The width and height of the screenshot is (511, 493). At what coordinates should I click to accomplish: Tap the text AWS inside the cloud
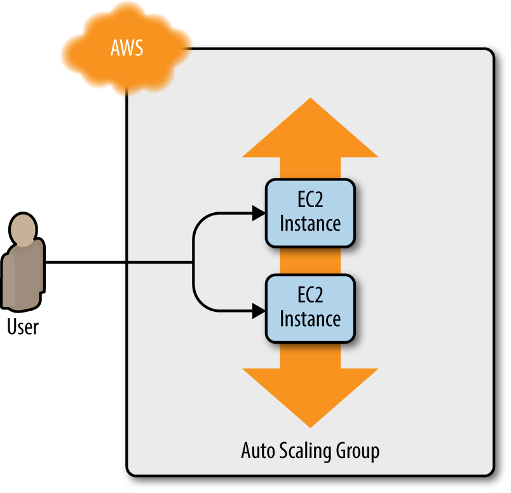tap(127, 48)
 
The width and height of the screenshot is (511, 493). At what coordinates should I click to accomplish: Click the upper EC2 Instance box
tap(310, 213)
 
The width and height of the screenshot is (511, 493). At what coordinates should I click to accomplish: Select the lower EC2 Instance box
tap(310, 309)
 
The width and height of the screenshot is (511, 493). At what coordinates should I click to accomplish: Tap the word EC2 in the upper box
tap(310, 203)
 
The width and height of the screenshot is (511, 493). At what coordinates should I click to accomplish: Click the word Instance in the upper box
tap(310, 223)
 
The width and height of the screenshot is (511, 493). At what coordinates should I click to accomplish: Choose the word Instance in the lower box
tap(310, 318)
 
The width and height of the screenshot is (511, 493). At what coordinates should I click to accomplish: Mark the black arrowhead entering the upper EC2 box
tap(258, 213)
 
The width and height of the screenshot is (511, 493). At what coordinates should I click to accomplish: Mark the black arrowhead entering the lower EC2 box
tap(258, 311)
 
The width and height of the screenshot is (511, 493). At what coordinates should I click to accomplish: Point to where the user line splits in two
tap(193, 262)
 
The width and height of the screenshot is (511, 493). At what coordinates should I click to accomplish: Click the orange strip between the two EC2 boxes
tap(310, 261)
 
